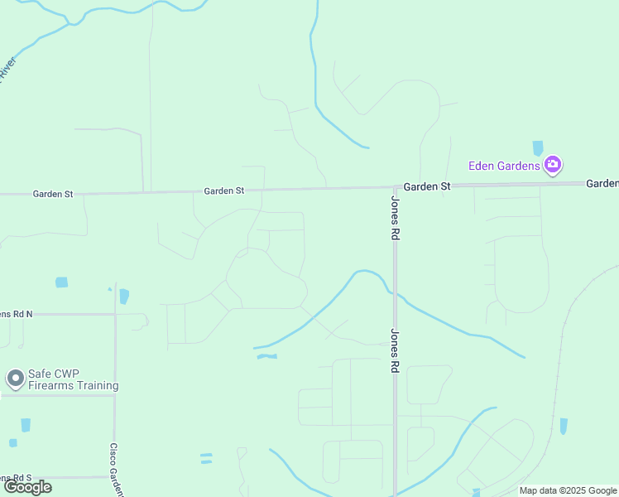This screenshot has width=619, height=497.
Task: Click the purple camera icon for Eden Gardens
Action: pos(554,165)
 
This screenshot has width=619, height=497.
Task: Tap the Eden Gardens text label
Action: pos(504,166)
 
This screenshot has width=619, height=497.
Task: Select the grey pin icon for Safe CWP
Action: pos(15,379)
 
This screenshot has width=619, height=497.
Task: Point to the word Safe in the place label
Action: pos(41,374)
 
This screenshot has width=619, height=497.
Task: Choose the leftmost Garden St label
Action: pos(53,194)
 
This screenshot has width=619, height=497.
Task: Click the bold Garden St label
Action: pos(427,187)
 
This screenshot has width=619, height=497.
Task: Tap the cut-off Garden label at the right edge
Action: pos(602,183)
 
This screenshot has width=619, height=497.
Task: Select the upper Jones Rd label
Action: pos(396,219)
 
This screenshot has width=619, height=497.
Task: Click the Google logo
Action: pos(27,487)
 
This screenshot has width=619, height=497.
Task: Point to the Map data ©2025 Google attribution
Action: pos(569,490)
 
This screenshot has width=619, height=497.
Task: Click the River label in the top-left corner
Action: pos(7,68)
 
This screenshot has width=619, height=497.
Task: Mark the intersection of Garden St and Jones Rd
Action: pos(395,187)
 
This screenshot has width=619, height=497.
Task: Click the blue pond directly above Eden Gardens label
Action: pos(538,148)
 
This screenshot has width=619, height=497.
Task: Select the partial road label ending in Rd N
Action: pos(16,314)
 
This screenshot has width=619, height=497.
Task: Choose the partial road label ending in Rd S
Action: pos(16,478)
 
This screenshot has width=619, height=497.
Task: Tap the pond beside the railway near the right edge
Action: pos(564,426)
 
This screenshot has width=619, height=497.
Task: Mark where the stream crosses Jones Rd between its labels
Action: pos(395,294)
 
